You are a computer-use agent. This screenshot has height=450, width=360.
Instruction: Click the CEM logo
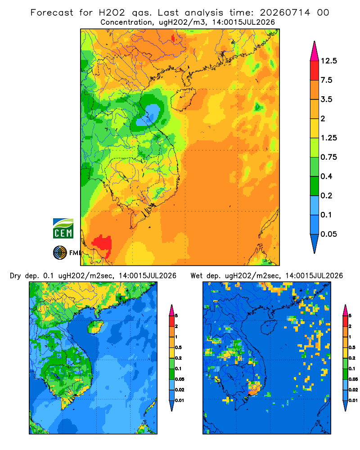point(63,228)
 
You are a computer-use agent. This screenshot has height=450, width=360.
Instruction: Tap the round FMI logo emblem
point(60,253)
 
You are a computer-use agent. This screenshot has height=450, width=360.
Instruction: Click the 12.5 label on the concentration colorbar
point(328,61)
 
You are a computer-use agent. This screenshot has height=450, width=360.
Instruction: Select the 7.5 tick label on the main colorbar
point(326,80)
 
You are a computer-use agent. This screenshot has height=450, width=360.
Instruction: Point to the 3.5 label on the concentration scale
point(326,99)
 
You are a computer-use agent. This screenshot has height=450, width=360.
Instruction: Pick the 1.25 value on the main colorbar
point(328,138)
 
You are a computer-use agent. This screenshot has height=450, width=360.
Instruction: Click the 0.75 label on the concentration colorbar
point(328,157)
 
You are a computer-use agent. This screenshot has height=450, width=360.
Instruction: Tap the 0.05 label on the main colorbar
point(328,234)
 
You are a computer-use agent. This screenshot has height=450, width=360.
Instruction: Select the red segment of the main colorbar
point(315,71)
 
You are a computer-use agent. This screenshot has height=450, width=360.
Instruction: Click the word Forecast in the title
point(52,13)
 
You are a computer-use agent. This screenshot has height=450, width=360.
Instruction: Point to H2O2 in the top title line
point(112,13)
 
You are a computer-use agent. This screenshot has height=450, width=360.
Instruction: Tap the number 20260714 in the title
point(285,13)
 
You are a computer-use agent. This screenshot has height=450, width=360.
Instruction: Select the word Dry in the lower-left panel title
point(15,276)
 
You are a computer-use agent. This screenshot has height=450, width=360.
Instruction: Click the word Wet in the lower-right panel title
point(197,276)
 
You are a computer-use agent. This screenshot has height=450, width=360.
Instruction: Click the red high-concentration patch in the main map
point(102,244)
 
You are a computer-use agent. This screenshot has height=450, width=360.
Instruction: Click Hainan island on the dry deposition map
point(96,327)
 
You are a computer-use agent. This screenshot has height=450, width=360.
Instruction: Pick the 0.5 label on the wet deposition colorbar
point(352,347)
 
